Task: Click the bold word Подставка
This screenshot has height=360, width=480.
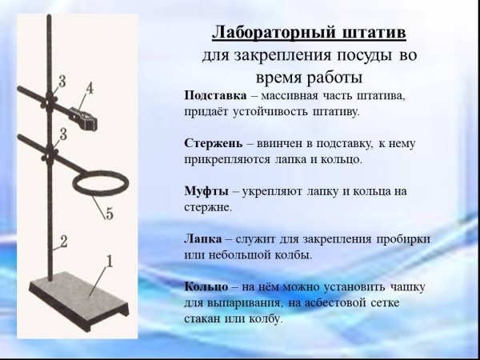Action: point(210,95)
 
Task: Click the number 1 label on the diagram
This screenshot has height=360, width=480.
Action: point(110,260)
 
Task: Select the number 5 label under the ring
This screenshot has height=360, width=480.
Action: point(110,214)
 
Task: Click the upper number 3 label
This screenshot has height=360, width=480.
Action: point(62,81)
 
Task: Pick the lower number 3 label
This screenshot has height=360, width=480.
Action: point(62,130)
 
